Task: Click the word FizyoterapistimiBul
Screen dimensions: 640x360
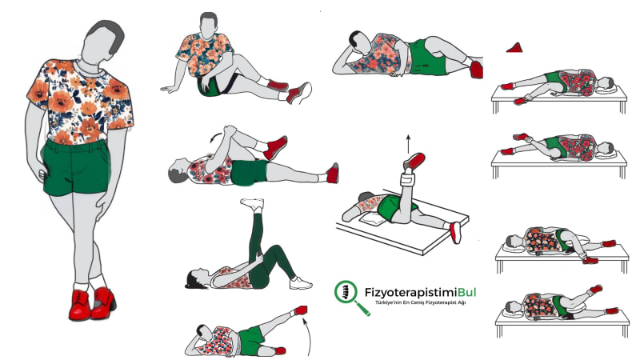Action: (420, 293)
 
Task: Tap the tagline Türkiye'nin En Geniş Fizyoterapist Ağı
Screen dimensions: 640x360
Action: (421, 303)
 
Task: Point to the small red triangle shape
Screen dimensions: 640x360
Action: (515, 48)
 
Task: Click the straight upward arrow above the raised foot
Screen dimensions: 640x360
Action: (408, 144)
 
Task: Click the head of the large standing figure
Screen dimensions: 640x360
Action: (102, 42)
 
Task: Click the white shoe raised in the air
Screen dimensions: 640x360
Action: (253, 204)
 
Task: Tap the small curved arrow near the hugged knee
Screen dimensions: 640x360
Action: (215, 138)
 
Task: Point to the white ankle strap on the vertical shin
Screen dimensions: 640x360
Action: (408, 178)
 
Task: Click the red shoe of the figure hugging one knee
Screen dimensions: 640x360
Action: (275, 147)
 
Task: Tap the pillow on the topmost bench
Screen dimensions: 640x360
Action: (605, 88)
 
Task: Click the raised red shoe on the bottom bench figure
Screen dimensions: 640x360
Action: (595, 290)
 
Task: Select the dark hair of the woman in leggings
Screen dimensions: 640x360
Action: (193, 279)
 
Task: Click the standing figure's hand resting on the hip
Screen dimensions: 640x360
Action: (42, 174)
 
